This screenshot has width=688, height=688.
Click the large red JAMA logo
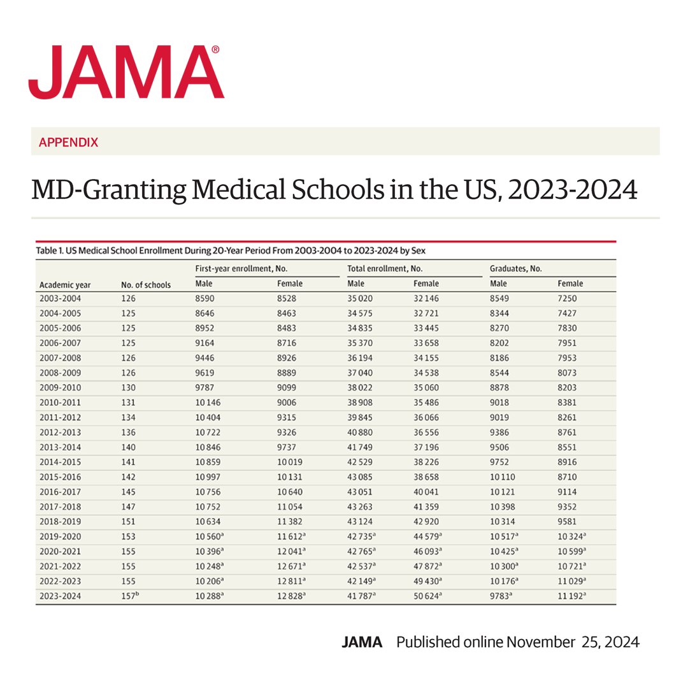point(126,72)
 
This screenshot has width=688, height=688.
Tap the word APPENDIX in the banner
point(69,142)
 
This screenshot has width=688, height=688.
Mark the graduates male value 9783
point(501,597)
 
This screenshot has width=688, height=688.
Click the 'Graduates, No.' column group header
point(515,269)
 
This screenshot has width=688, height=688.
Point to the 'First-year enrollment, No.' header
point(236,269)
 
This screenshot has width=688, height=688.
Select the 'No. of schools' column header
point(146,285)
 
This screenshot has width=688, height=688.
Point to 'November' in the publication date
point(540,642)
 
